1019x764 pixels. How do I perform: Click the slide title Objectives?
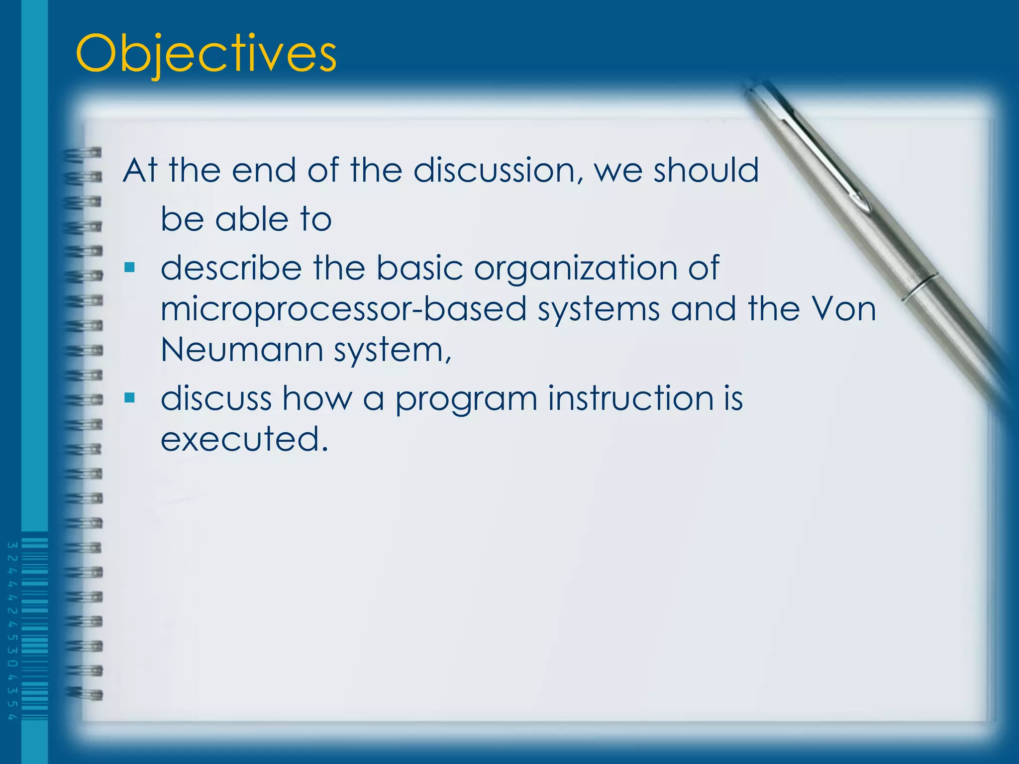(206, 54)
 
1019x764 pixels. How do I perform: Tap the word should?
(706, 170)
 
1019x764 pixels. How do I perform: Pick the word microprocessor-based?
(343, 309)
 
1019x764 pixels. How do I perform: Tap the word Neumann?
(242, 350)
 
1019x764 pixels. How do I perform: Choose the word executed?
(244, 439)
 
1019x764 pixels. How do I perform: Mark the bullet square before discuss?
(130, 397)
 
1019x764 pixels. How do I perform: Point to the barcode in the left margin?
(35, 629)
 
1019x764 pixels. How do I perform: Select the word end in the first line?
(264, 170)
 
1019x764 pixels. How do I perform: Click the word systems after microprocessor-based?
(598, 309)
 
